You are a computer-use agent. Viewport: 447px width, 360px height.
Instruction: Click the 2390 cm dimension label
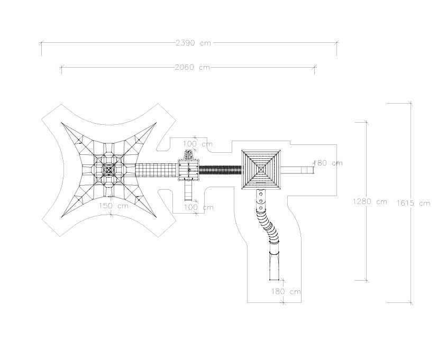click(x=193, y=43)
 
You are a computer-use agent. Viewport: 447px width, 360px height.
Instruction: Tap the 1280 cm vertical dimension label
click(x=369, y=201)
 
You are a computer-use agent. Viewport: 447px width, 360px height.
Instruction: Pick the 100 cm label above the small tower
click(x=198, y=144)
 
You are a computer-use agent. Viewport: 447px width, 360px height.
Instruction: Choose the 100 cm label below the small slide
click(x=198, y=207)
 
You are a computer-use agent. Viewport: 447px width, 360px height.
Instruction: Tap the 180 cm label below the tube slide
click(x=286, y=291)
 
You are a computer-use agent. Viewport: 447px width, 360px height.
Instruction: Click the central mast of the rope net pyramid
click(x=109, y=169)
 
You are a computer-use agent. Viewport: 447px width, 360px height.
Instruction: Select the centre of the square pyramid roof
click(x=261, y=169)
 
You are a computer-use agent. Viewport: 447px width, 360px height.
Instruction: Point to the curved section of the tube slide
click(x=267, y=225)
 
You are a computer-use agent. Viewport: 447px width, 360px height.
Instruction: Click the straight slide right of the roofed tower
click(x=299, y=170)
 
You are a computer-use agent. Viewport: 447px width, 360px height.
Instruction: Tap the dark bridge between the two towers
click(x=220, y=170)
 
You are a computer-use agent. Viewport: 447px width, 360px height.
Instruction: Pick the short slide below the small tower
click(x=188, y=190)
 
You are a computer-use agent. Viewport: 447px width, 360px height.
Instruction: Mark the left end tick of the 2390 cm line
click(x=41, y=43)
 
